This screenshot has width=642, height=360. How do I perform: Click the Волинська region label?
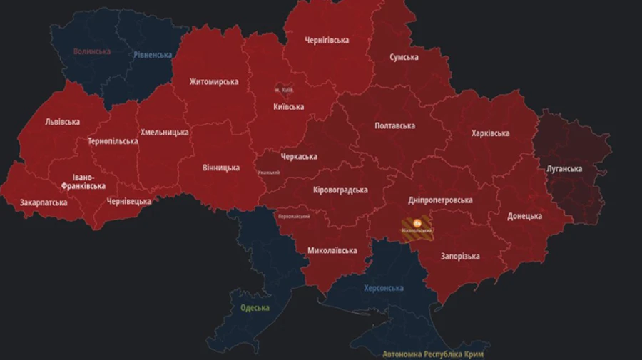pos(92,51)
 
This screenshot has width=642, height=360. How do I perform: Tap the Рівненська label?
pos(152,55)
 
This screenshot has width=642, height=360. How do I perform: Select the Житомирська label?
pos(213,81)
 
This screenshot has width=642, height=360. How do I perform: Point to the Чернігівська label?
pos(326,40)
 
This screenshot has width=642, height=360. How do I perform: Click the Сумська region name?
pos(404,57)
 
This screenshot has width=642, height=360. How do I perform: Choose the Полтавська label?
pos(394,126)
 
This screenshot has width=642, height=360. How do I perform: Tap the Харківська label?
pos(490,133)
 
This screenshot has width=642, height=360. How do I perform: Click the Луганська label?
pos(564,169)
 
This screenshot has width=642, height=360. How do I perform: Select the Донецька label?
pos(524,216)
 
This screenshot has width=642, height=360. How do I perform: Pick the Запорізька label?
pos(460,256)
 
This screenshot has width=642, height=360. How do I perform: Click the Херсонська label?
pos(383,288)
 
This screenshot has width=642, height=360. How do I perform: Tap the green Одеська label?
pos(255,308)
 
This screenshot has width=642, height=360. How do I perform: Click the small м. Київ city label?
pos(284,90)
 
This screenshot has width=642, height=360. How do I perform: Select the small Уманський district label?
pos(269,173)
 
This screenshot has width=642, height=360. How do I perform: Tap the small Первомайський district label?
pos(293,216)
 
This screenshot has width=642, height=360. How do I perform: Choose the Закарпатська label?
pos(44,202)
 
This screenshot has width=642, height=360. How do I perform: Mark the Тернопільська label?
pos(113,141)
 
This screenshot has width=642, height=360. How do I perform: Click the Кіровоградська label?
pos(340,190)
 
